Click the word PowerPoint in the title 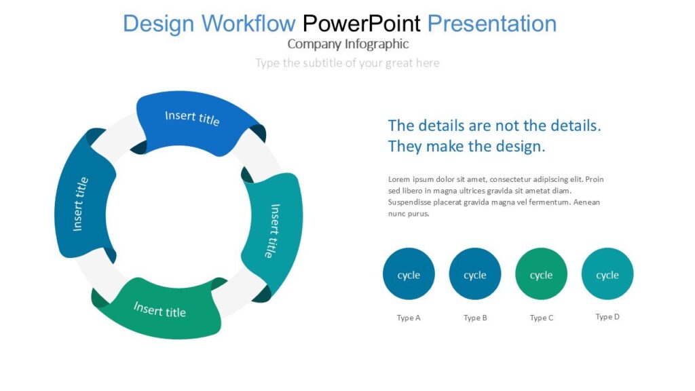click(x=361, y=24)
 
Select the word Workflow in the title click(x=248, y=24)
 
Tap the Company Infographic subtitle click(x=347, y=44)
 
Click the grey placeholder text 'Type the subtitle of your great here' click(x=347, y=63)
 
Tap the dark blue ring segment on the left click(x=80, y=204)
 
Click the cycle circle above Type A click(x=409, y=274)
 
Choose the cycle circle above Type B click(x=475, y=274)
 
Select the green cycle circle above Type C click(x=541, y=274)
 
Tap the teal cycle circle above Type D click(x=607, y=274)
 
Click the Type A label click(x=409, y=318)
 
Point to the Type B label click(x=475, y=318)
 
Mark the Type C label click(x=541, y=318)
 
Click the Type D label click(x=607, y=317)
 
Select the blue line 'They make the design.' click(x=466, y=147)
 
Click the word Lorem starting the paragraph click(x=399, y=180)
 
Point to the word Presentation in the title click(x=491, y=24)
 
